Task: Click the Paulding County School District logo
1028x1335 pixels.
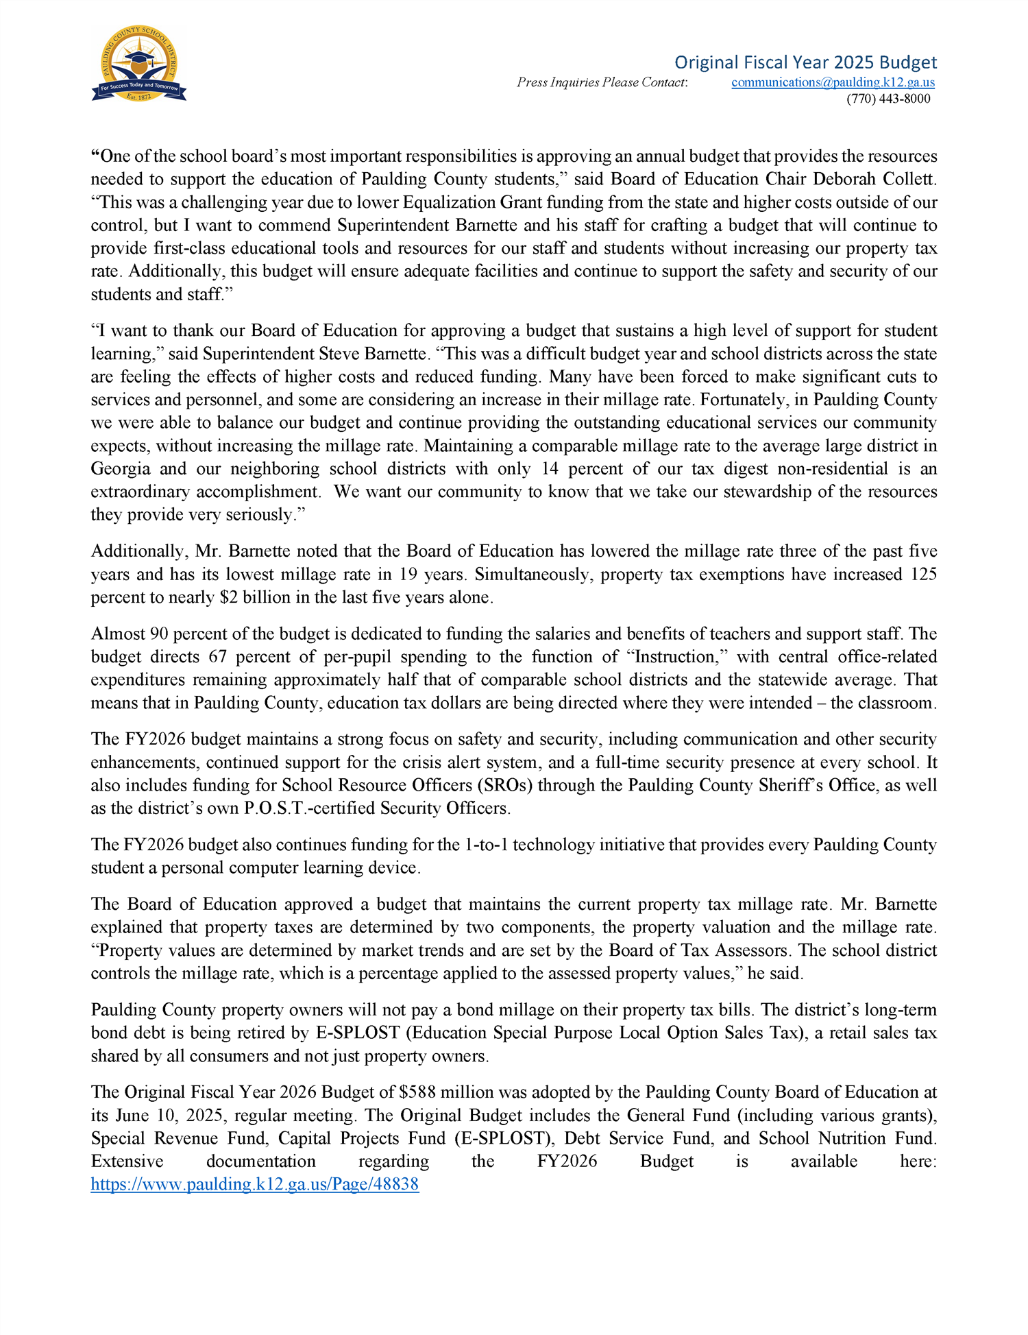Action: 138,64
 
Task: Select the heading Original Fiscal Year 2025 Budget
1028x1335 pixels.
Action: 805,62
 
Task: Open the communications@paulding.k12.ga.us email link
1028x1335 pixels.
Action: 833,82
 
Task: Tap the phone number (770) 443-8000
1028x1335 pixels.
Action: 888,99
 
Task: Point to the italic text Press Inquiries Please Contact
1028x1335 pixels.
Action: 602,82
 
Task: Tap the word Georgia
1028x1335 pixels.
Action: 121,469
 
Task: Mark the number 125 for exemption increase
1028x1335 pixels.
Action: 924,575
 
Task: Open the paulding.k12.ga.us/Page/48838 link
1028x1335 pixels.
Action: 255,1184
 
